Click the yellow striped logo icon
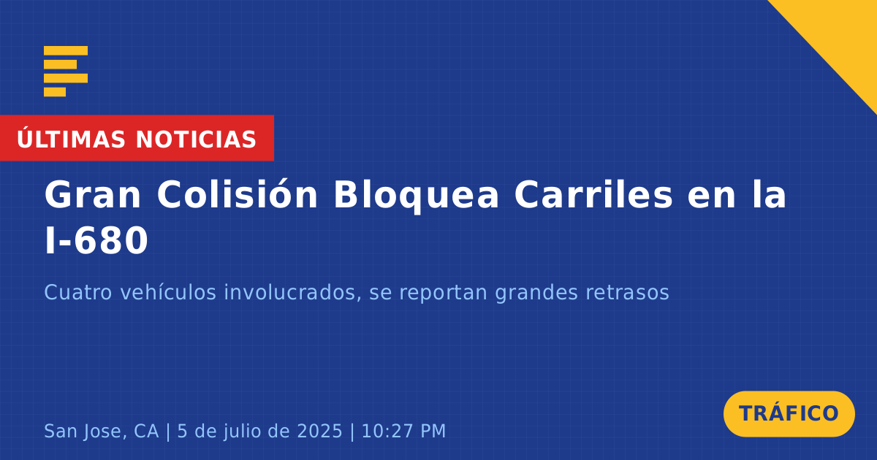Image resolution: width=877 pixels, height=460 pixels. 66,72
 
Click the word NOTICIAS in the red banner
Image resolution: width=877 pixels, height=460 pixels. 196,139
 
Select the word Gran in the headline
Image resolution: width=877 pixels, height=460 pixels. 92,195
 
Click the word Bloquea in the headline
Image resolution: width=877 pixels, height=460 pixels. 416,196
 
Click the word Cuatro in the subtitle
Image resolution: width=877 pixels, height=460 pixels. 78,292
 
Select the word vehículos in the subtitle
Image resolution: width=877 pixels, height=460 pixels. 168,292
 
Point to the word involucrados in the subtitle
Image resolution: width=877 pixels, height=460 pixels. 292,292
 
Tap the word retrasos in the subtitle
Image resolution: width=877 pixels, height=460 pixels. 627,293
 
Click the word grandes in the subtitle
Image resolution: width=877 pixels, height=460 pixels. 536,294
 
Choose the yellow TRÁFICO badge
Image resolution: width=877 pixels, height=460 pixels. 789,414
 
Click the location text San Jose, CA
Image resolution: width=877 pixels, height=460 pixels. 102,431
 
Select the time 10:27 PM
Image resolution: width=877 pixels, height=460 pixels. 403,431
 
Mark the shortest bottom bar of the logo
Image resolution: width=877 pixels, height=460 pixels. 55,92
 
